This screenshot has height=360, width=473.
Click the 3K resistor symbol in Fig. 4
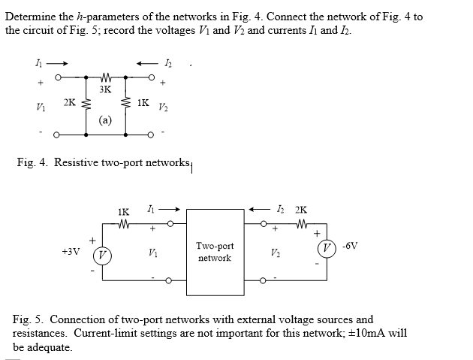[x=105, y=77]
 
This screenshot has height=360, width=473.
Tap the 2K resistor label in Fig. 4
[x=69, y=103]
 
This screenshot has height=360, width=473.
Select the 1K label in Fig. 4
[x=143, y=103]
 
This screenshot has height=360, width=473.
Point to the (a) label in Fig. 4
[x=105, y=120]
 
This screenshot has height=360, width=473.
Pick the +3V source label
[x=71, y=251]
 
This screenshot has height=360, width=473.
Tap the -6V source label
[x=350, y=246]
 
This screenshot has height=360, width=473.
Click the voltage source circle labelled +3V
[x=102, y=256]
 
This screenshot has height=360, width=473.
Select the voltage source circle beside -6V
[x=327, y=248]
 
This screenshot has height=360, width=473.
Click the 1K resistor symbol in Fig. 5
[x=124, y=224]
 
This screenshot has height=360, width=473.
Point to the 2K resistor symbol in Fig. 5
[x=301, y=224]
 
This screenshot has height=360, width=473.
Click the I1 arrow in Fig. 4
[x=57, y=63]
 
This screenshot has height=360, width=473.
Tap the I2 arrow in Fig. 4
[x=147, y=63]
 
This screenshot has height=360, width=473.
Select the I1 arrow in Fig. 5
[x=169, y=209]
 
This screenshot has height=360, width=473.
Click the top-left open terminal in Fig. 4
[x=58, y=77]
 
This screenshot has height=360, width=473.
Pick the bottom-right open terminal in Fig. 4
[x=151, y=135]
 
